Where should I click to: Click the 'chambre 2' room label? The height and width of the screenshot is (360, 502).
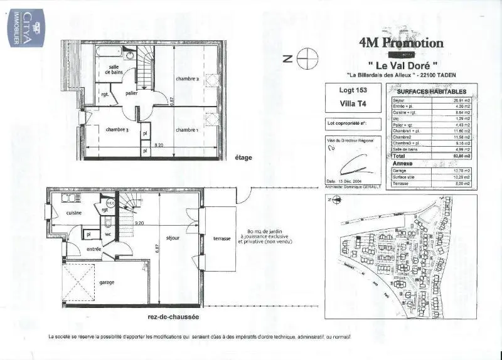click(x=188, y=79)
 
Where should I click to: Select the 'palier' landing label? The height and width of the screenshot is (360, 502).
click(x=131, y=93)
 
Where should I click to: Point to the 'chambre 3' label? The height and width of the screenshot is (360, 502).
click(x=117, y=130)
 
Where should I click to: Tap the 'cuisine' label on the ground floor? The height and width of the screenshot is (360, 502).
click(x=75, y=213)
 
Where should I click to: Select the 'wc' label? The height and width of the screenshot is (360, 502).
click(x=107, y=234)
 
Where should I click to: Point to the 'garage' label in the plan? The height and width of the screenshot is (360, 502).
click(x=107, y=282)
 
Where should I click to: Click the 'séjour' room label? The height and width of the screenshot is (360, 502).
click(x=174, y=238)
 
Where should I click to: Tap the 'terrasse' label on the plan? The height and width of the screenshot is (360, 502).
click(x=222, y=240)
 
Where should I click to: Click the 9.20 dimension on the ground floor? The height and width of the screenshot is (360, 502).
click(x=139, y=223)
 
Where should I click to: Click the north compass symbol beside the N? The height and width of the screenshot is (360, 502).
click(x=307, y=59)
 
